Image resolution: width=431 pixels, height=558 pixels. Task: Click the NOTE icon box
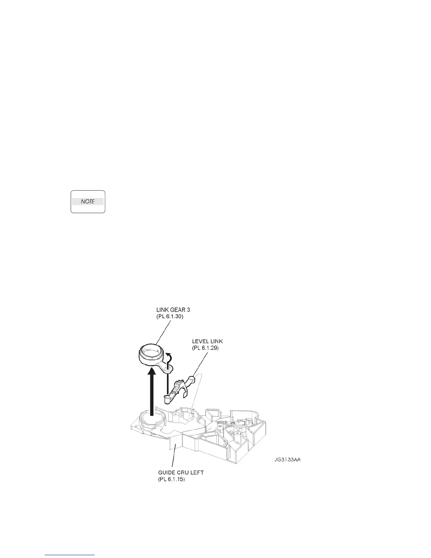click(88, 201)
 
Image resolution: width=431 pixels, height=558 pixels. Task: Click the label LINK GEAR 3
click(173, 310)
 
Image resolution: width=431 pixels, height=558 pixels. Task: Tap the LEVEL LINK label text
click(207, 341)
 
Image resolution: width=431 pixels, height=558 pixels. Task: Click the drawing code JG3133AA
click(287, 460)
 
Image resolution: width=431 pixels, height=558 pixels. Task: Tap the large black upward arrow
click(152, 387)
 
